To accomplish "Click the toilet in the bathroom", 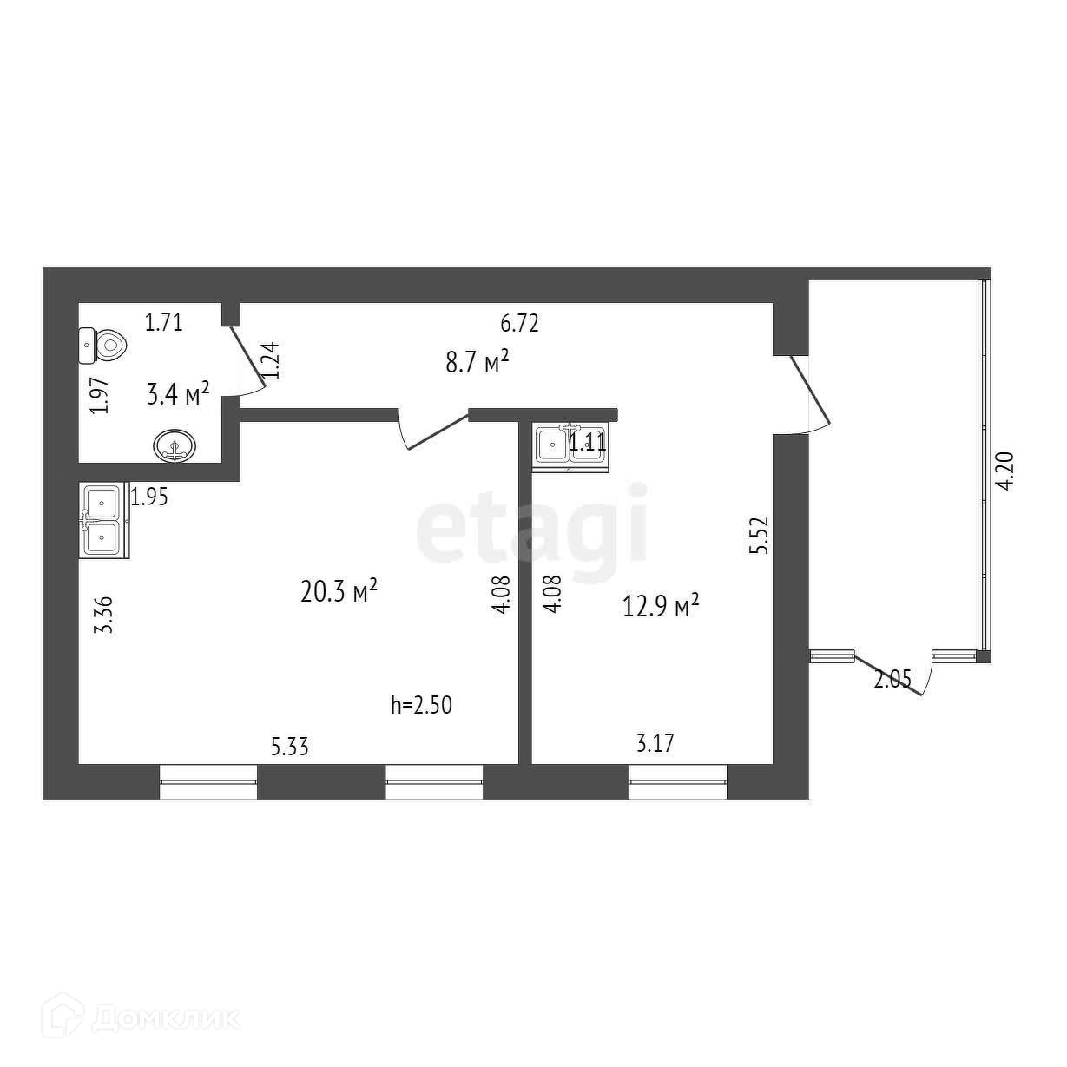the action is tap(102, 345).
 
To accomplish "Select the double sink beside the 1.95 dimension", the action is tap(103, 519).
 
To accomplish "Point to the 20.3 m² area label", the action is tap(339, 591).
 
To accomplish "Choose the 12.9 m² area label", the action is tap(661, 605).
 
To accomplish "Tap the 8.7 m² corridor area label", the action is tap(476, 362).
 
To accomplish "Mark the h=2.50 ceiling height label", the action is tap(422, 705).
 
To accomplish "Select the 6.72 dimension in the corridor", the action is tap(520, 324).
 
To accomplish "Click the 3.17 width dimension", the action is tap(655, 744).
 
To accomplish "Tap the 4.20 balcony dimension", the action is tap(1007, 472).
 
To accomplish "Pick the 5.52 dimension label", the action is tap(761, 537).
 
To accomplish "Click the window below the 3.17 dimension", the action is tap(677, 781).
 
